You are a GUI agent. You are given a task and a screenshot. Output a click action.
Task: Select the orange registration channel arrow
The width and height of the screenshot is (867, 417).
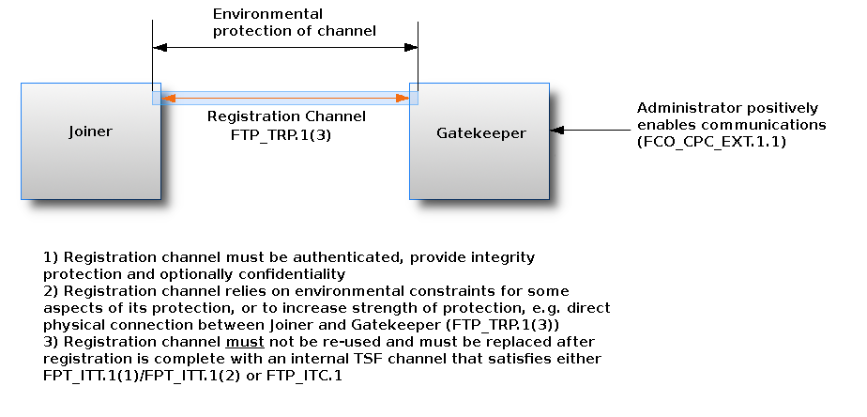(285, 98)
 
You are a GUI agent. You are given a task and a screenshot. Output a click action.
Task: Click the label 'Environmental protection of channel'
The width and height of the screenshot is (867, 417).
(294, 23)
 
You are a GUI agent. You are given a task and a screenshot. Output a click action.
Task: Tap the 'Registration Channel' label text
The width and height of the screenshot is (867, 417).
(286, 117)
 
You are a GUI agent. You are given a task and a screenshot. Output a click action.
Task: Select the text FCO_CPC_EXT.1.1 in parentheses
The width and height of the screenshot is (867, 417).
(710, 142)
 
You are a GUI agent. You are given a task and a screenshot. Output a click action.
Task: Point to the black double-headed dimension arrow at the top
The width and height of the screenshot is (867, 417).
(285, 46)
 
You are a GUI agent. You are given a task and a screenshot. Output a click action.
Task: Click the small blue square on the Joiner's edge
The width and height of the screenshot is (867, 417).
(157, 98)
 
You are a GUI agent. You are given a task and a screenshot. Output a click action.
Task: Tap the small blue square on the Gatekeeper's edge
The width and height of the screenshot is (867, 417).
(414, 98)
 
